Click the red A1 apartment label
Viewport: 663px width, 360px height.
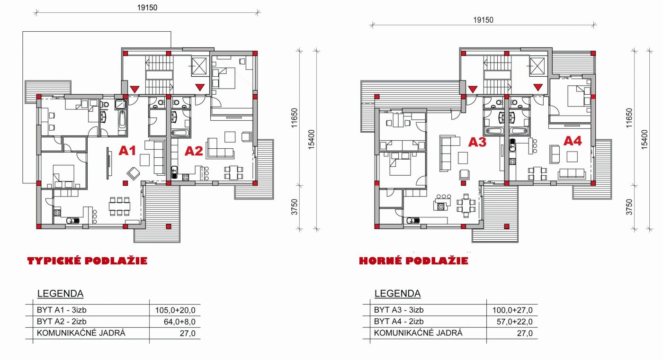pos(127,151)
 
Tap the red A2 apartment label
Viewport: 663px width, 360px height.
pos(194,151)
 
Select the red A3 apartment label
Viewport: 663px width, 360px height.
pos(477,142)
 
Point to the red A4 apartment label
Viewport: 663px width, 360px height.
pos(573,141)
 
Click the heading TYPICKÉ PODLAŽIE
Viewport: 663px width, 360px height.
pos(87,261)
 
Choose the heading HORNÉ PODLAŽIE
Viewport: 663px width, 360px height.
pos(413,261)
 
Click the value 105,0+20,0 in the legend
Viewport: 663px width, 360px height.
pos(175,310)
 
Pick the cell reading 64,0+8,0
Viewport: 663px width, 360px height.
pos(179,322)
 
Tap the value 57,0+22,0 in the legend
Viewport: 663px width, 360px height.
pos(515,322)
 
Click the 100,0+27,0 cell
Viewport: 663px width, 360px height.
pos(512,310)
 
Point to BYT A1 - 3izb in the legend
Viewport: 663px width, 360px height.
pos(62,310)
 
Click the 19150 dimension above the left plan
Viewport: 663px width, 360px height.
pos(147,8)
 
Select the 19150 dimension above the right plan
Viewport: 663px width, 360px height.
pos(484,20)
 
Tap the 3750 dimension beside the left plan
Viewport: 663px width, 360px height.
pos(294,207)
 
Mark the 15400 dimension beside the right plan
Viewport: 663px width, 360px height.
pos(644,139)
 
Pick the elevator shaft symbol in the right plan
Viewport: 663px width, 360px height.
pos(537,66)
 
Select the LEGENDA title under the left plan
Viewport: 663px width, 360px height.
pos(61,294)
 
